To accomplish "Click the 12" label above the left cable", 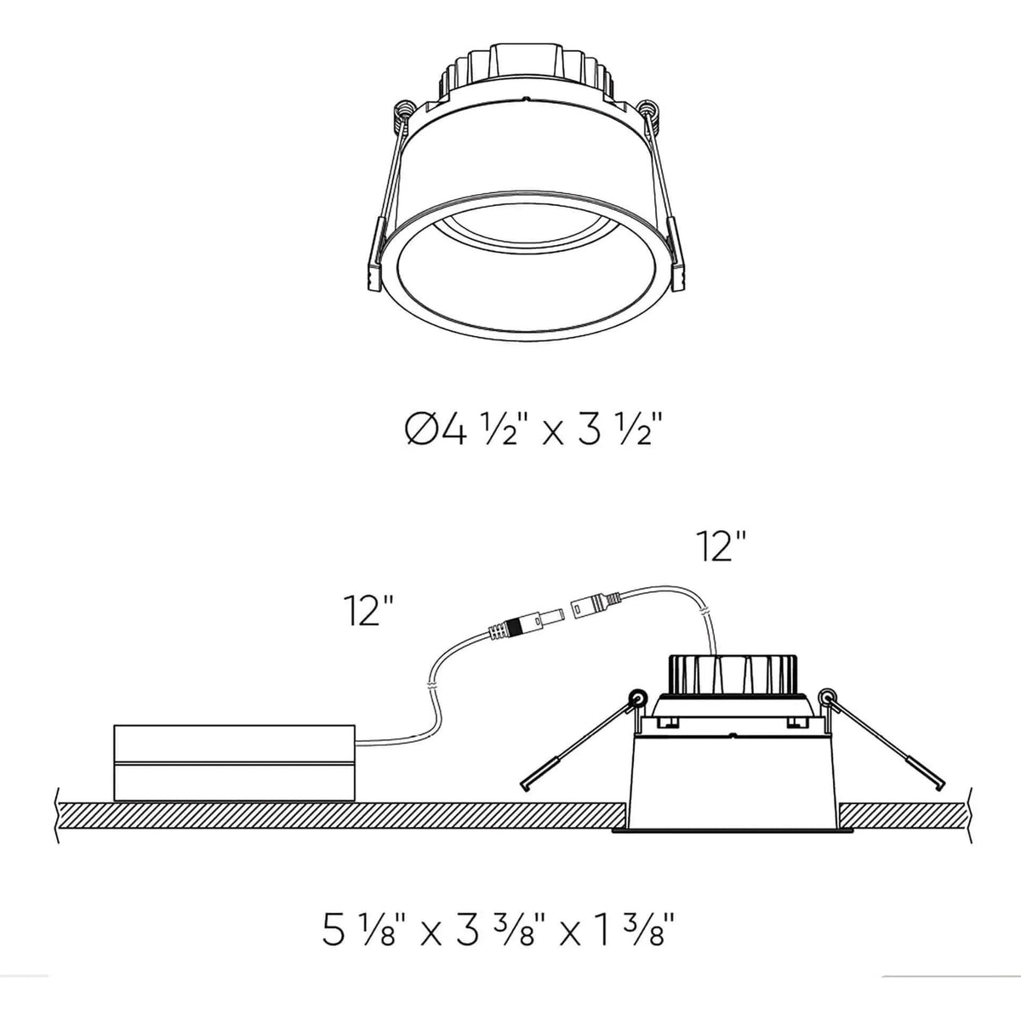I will [x=368, y=610].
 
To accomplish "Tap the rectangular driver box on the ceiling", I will [x=234, y=762].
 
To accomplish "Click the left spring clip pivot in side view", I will [x=634, y=699].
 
